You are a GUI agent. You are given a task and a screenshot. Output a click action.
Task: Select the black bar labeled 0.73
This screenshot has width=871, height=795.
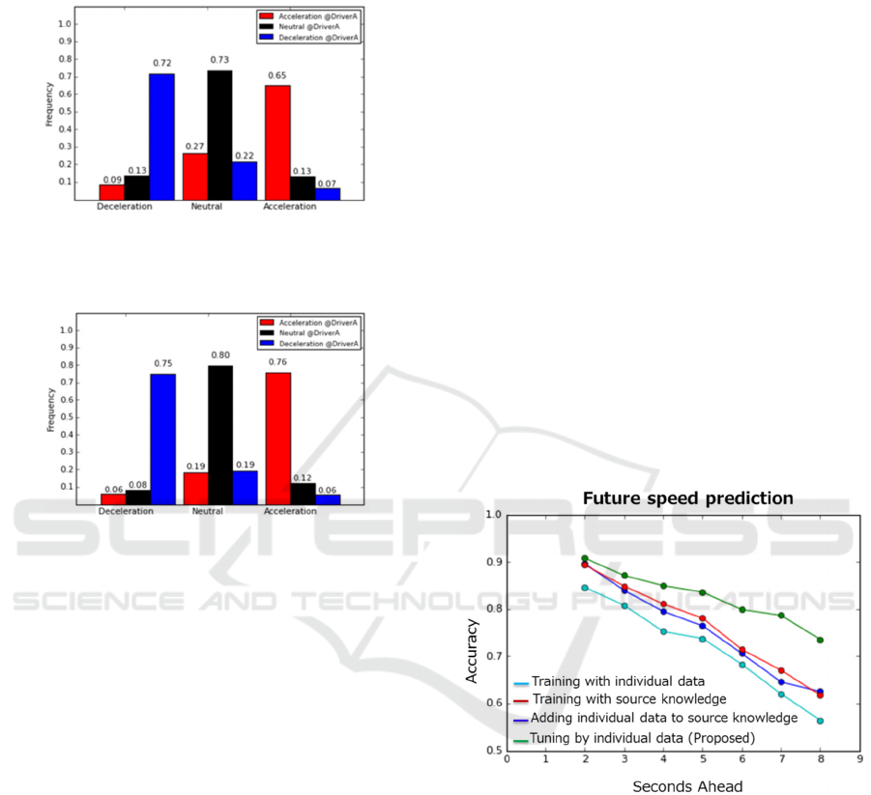(219, 135)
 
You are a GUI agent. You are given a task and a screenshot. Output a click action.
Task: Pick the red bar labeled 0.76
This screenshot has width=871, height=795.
(277, 438)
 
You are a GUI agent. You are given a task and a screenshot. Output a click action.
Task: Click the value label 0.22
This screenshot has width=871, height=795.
(246, 154)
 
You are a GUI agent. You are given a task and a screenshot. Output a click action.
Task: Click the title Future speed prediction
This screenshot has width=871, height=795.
(687, 498)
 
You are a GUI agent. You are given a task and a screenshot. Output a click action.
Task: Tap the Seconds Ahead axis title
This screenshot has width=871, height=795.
(687, 786)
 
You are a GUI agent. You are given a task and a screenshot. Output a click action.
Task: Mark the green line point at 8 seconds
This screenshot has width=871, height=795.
(820, 639)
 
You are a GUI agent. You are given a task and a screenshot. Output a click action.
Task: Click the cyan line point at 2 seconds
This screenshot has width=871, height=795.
(584, 587)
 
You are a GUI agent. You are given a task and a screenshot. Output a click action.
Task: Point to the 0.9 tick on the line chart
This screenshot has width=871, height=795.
(494, 562)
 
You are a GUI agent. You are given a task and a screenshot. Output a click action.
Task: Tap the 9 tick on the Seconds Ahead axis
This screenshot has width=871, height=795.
(858, 759)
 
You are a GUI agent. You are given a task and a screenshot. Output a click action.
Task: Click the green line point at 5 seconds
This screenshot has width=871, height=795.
(702, 592)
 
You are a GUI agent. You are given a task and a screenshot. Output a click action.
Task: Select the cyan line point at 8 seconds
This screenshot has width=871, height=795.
(820, 721)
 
